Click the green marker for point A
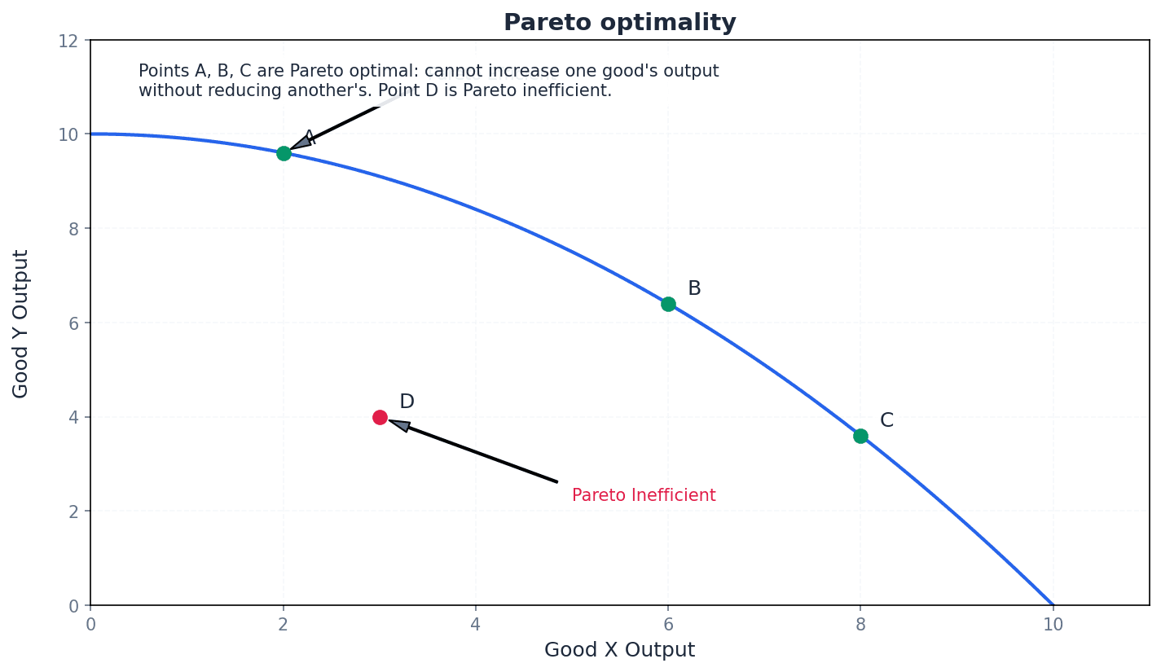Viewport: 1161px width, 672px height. click(x=284, y=153)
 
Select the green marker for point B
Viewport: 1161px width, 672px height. click(x=668, y=304)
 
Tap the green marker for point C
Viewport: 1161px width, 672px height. click(x=860, y=436)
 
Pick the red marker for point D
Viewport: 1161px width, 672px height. click(x=380, y=417)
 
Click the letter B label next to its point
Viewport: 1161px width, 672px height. click(x=694, y=289)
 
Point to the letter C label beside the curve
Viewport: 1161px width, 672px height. click(x=886, y=421)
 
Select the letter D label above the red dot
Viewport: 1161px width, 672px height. click(x=407, y=402)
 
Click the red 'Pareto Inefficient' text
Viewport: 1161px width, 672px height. click(x=644, y=495)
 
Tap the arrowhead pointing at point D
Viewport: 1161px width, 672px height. click(x=399, y=424)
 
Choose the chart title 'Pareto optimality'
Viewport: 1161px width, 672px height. click(x=619, y=23)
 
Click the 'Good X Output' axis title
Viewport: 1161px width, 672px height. click(x=619, y=650)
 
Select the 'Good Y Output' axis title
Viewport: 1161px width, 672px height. click(x=21, y=323)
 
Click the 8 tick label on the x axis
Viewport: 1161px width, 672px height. click(x=860, y=625)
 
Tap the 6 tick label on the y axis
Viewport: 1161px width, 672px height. click(x=73, y=323)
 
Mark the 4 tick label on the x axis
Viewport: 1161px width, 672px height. click(x=475, y=625)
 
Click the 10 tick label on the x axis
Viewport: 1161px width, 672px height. click(x=1053, y=625)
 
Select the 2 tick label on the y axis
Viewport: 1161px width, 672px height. click(x=73, y=512)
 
